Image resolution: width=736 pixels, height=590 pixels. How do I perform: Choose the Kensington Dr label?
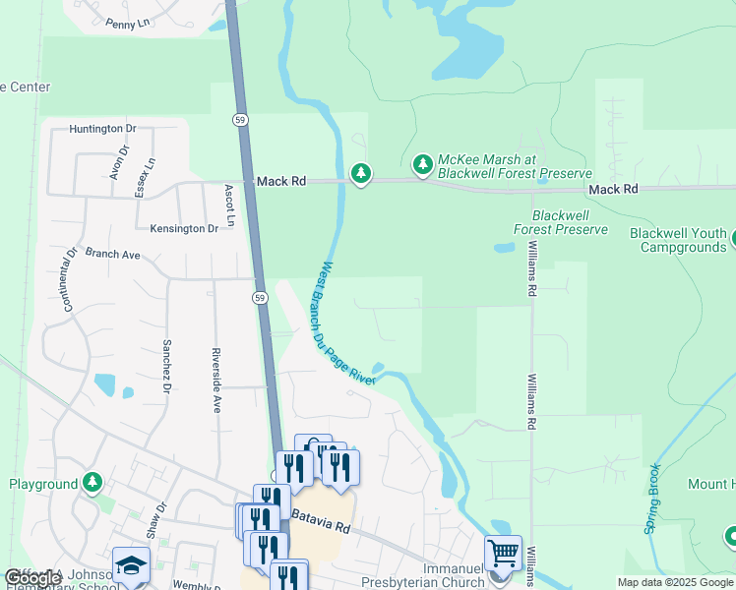click(x=184, y=228)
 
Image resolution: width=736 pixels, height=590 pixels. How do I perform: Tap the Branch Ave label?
click(x=113, y=254)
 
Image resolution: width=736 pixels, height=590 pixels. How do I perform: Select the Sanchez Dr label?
click(x=167, y=360)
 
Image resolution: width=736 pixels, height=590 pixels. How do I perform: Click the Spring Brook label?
click(x=652, y=500)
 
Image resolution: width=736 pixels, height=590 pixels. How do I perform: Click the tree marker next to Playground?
click(x=92, y=482)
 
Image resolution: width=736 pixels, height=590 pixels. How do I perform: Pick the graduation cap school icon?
click(x=130, y=564)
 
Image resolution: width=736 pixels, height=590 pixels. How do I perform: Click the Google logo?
click(x=33, y=577)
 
